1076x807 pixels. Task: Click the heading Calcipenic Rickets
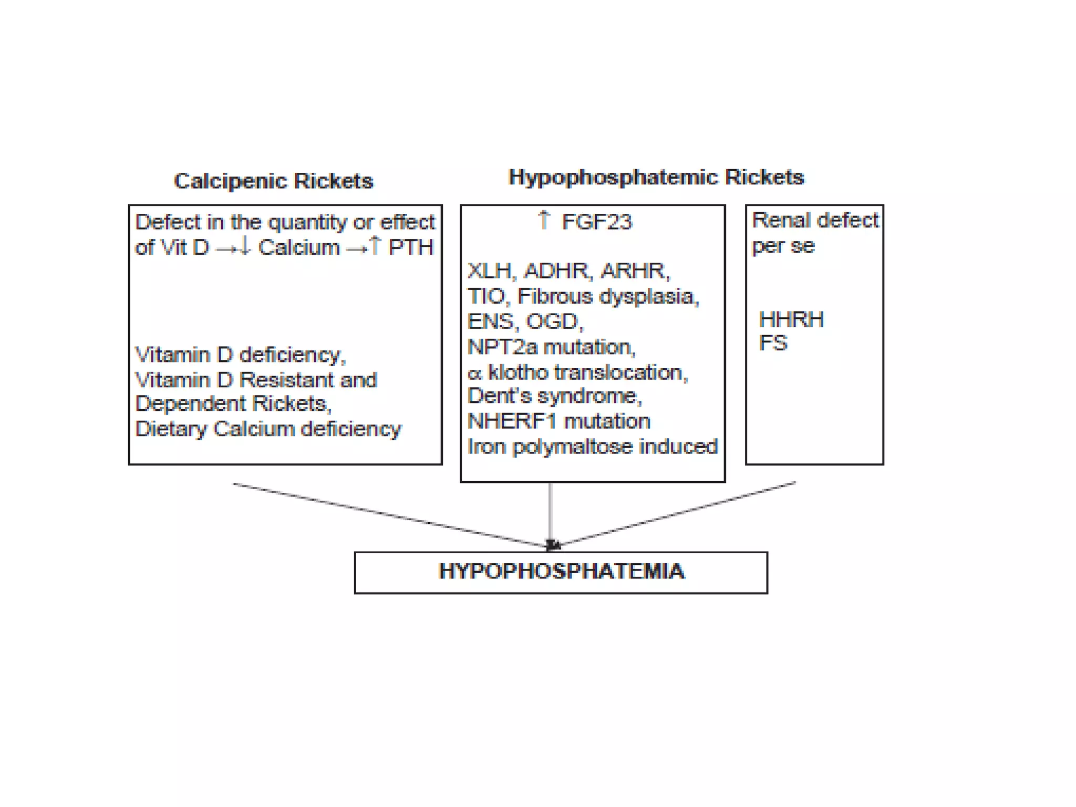(x=273, y=181)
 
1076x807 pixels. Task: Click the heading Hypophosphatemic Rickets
(x=656, y=177)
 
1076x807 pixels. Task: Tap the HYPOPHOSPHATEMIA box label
(x=561, y=571)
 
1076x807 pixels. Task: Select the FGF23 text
(x=597, y=222)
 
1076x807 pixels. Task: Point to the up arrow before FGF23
(x=544, y=220)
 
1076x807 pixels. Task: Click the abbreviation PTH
(x=411, y=247)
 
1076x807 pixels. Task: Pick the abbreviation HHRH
(x=791, y=319)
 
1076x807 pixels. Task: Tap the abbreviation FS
(x=773, y=343)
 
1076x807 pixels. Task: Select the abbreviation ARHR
(x=634, y=271)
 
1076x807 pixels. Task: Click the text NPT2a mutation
(x=551, y=347)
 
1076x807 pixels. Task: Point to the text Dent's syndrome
(x=554, y=396)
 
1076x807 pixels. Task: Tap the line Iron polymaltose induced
(x=592, y=447)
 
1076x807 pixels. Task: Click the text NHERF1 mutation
(x=558, y=421)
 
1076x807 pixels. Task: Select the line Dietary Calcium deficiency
(x=268, y=429)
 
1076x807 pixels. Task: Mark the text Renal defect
(x=815, y=220)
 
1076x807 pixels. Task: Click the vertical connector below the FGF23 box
(x=550, y=512)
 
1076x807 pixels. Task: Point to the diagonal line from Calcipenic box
(x=389, y=515)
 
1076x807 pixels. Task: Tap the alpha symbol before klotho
(x=474, y=373)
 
